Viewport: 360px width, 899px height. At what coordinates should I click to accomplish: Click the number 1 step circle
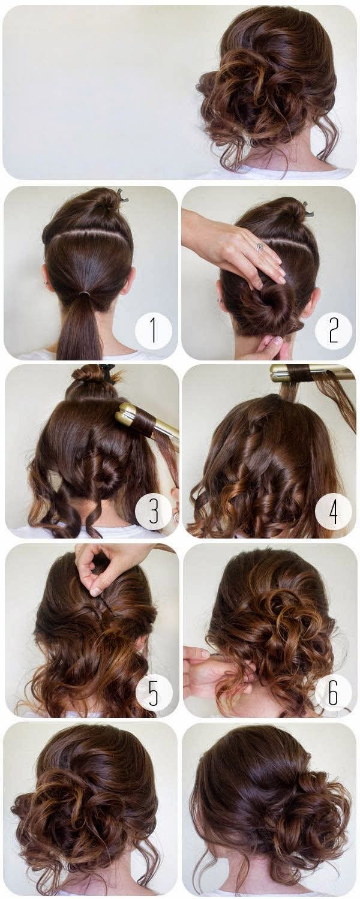(153, 331)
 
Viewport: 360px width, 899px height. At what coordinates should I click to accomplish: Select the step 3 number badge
(153, 511)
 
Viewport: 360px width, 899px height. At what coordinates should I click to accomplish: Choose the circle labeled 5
(154, 692)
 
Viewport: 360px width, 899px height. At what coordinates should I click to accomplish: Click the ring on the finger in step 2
(260, 246)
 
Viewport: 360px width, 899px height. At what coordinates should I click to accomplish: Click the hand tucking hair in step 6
(207, 672)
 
